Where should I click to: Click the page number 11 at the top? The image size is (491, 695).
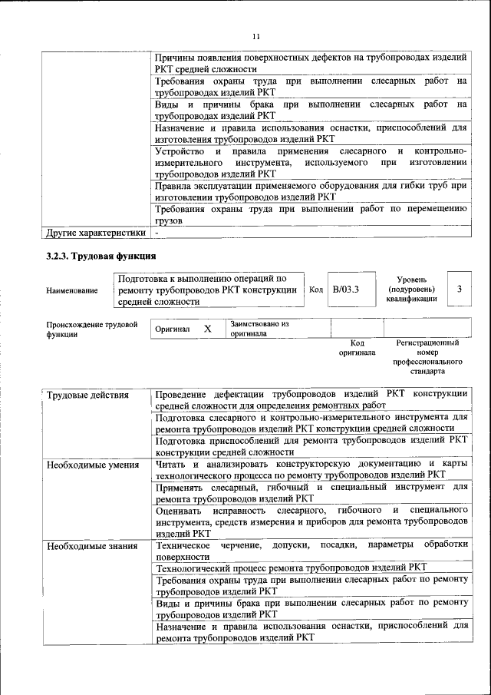point(256,35)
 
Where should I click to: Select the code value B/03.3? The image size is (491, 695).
point(346,290)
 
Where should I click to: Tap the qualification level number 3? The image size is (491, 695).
point(459,289)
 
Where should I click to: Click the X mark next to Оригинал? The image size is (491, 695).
point(207,329)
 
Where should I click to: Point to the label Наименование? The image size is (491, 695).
point(72,290)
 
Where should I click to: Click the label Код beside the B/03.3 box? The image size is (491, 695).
point(316,290)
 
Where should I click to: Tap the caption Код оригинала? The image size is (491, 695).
point(357,348)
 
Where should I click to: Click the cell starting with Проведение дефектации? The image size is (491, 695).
point(311,399)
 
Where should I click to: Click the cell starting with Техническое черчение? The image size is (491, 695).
point(311,551)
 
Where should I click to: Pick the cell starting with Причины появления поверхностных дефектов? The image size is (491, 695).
point(311,63)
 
